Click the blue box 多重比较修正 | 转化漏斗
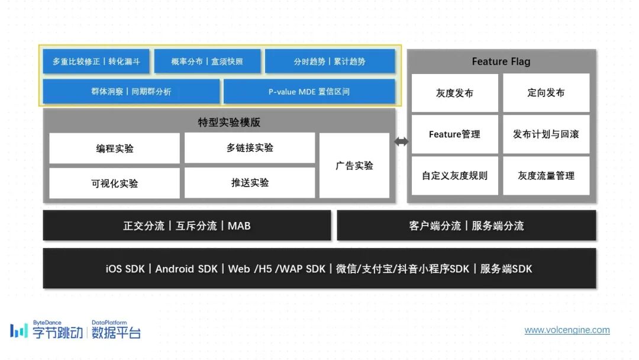96,62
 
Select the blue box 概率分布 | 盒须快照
207,62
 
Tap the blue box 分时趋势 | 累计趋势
330,62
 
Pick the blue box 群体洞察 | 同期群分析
131,92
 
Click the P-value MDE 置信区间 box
309,92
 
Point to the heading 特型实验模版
229,123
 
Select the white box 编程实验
114,149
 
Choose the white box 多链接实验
250,148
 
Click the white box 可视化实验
114,184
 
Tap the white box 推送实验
250,183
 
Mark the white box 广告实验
354,166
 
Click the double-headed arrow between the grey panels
401,142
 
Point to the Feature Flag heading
501,62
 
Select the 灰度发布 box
454,93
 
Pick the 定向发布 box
546,93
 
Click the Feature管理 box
454,134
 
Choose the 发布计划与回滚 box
546,134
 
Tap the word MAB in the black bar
239,226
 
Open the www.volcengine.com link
567,330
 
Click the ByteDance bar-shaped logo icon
18,330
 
